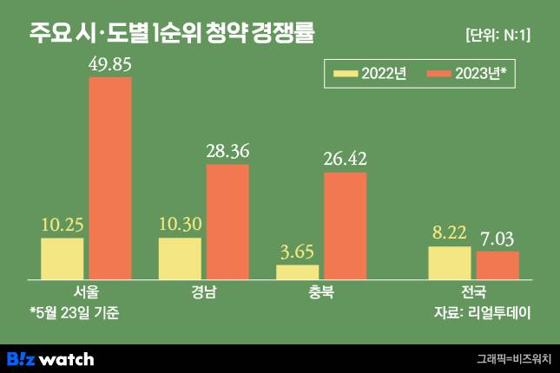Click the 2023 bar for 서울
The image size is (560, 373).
coord(110,178)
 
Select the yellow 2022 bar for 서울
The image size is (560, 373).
coord(63,258)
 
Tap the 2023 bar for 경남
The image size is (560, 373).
coord(227,221)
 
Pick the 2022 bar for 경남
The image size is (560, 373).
coord(180,258)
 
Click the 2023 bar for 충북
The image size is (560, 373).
coord(345,226)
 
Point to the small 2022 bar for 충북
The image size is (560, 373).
coord(297,272)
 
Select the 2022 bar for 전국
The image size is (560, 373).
coord(450,263)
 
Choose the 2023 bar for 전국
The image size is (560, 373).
coord(497,265)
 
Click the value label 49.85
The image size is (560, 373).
coord(110,63)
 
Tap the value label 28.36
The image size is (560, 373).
coord(227,151)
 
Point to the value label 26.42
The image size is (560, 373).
coord(345,159)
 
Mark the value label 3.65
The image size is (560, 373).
coord(297,252)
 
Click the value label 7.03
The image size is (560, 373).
coord(497,238)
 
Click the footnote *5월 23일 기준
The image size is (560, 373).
coord(73,311)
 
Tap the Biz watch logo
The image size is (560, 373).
coord(49,358)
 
